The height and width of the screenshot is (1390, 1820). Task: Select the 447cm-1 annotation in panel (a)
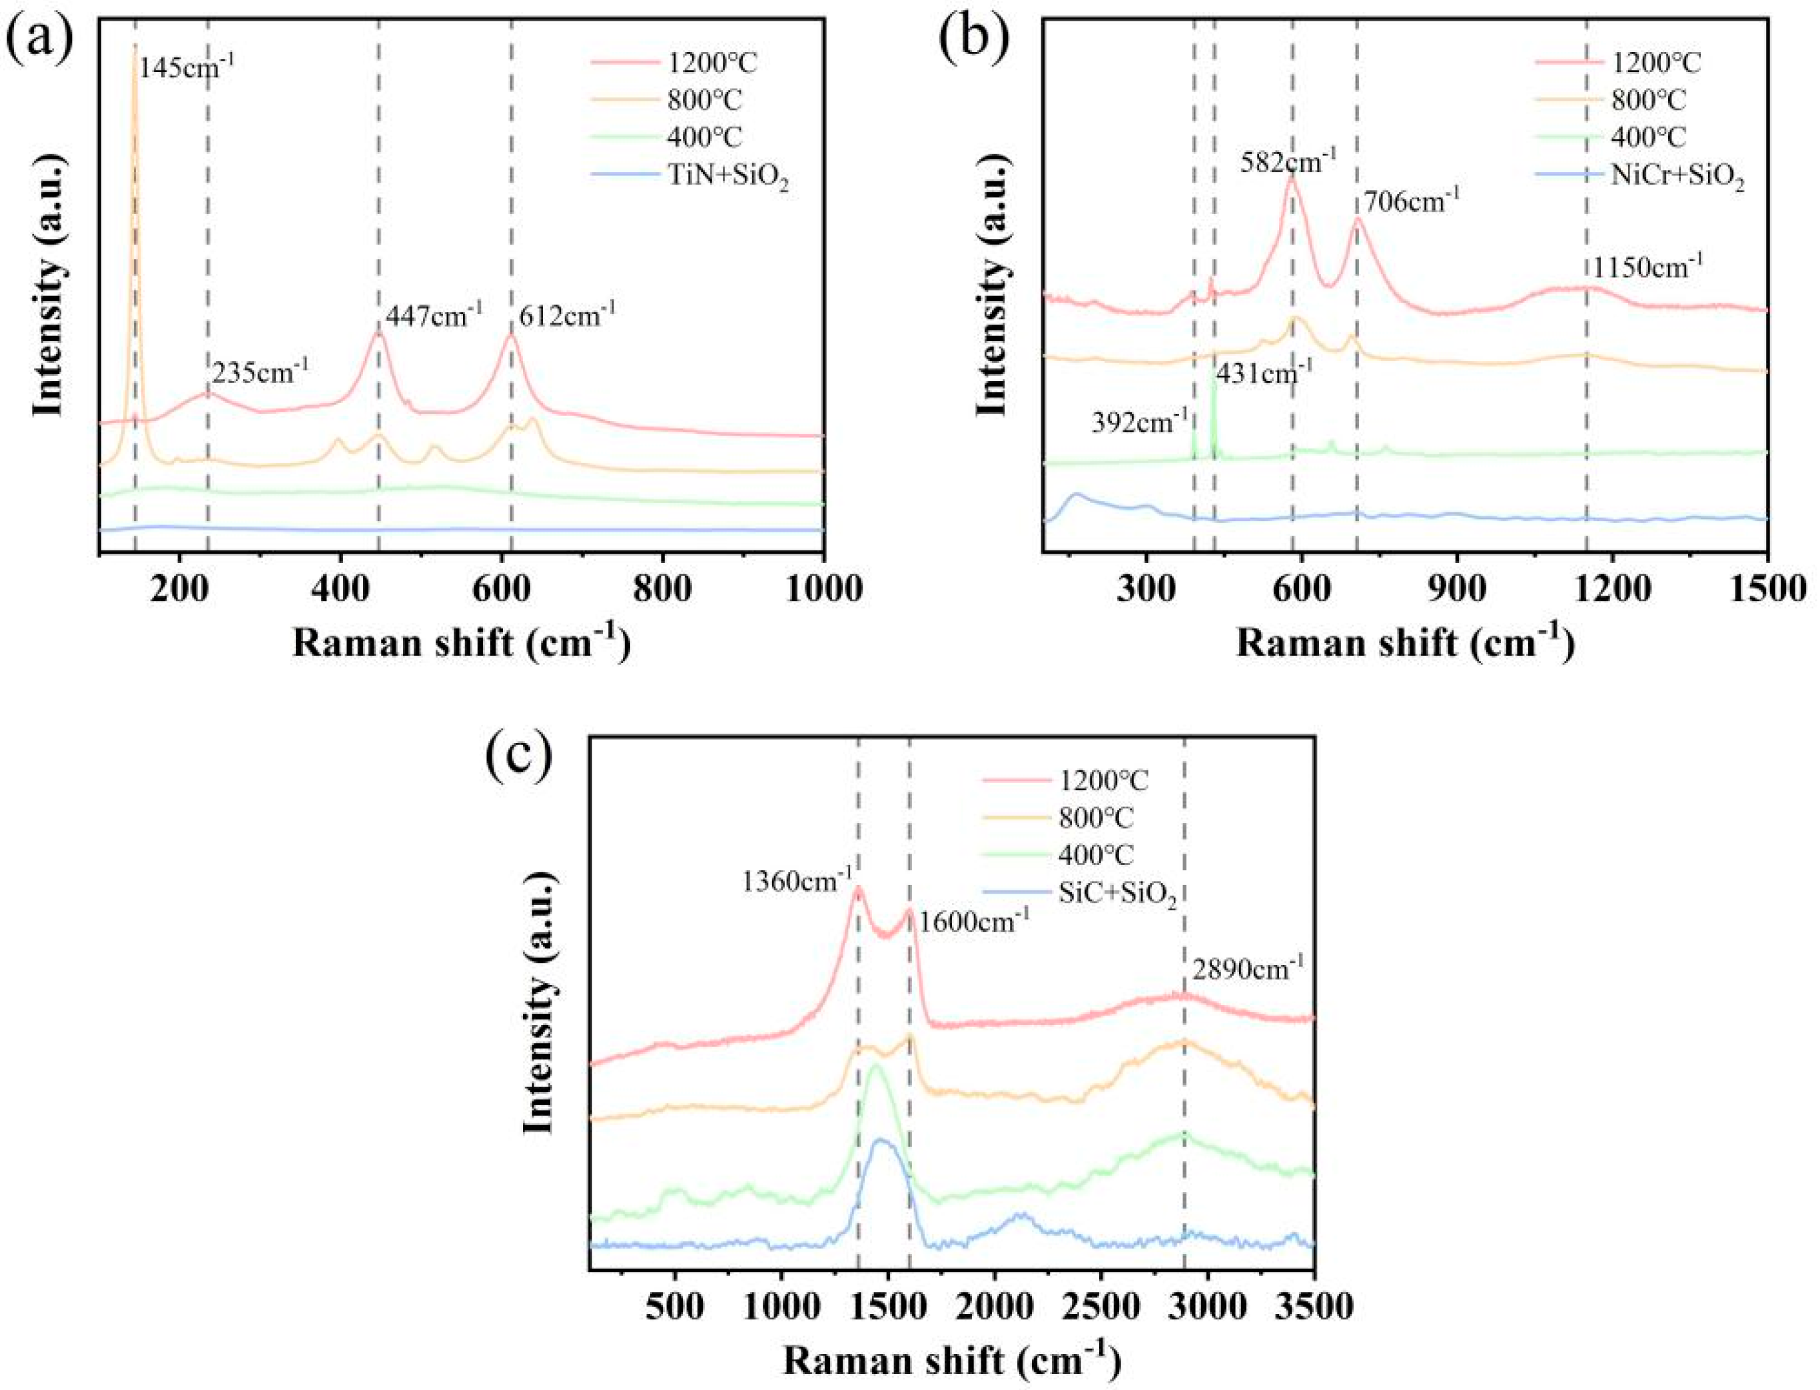(434, 315)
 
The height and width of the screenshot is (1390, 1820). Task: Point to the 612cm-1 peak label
(567, 315)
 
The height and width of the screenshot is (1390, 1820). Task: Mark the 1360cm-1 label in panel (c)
(797, 882)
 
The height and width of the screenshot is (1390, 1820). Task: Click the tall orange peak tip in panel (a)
(135, 48)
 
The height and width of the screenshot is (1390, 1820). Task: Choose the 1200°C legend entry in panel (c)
(1105, 780)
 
